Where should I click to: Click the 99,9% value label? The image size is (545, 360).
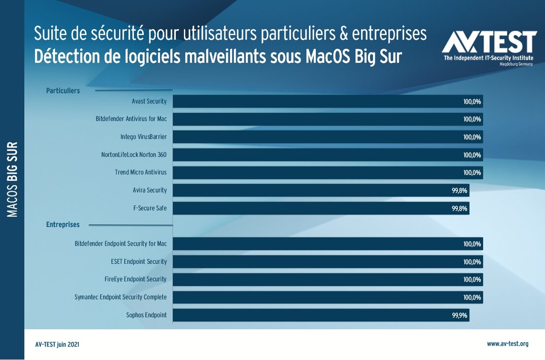[x=459, y=315]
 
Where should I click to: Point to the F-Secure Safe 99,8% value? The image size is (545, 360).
[x=459, y=208]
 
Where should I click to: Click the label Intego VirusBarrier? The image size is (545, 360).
[x=143, y=137]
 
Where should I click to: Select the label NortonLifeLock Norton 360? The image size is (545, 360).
[x=134, y=155]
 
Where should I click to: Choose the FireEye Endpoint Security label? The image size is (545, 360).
[x=136, y=279]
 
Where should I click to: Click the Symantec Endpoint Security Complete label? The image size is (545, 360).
[x=120, y=297]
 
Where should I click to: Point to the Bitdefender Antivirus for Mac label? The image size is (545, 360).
[x=131, y=119]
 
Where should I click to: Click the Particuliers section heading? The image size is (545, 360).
[x=63, y=91]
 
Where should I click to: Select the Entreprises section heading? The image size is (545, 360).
[x=63, y=225]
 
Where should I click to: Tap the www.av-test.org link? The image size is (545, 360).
[x=508, y=344]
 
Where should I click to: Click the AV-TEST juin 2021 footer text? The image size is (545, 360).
[x=57, y=345]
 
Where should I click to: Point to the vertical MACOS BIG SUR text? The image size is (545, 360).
[x=13, y=180]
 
